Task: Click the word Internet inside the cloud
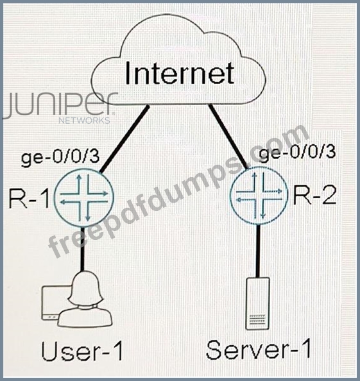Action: [180, 73]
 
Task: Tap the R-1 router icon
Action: [84, 198]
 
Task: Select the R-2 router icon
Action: [258, 196]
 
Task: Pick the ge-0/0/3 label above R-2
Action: [298, 153]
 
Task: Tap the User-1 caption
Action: [82, 351]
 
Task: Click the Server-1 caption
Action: [259, 349]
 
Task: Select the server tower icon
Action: [258, 304]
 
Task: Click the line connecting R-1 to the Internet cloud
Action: [124, 139]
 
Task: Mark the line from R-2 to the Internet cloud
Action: [228, 137]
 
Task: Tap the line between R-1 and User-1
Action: [82, 248]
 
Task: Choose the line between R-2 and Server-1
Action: [258, 251]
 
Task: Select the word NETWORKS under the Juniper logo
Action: [84, 121]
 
